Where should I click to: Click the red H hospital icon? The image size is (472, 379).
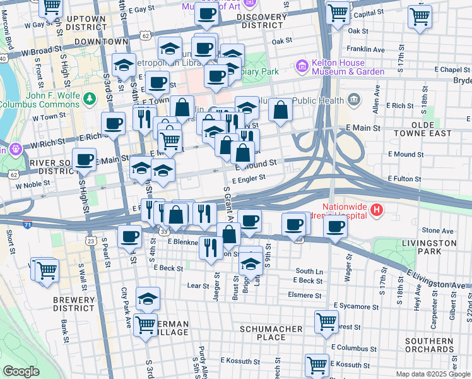tap(377, 210)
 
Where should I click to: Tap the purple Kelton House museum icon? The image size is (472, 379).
tap(302, 66)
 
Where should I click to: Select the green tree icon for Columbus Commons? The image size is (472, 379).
tap(90, 98)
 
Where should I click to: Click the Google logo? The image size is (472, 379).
tap(21, 371)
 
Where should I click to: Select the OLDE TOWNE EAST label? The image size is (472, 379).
tap(422, 129)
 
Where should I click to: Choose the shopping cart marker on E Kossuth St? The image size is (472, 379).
tap(317, 364)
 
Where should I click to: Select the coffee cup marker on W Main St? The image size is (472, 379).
tap(84, 160)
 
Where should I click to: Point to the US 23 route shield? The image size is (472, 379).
tap(91, 241)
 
